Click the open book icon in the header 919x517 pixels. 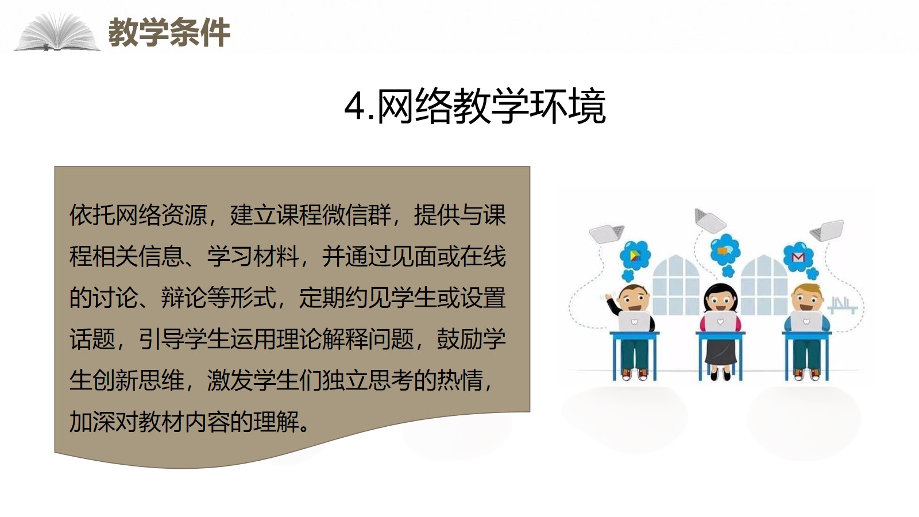(x=57, y=32)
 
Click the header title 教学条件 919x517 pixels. (x=169, y=32)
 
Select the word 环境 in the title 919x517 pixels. (x=567, y=106)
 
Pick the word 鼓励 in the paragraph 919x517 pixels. (x=459, y=339)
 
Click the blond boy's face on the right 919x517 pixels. (x=806, y=299)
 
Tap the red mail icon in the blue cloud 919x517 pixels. (x=798, y=257)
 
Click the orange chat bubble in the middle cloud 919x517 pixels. (x=723, y=250)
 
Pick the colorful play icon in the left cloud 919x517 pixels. (x=635, y=256)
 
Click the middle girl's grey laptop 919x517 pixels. (x=720, y=322)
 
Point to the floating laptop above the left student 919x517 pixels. (x=607, y=233)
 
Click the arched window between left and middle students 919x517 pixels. (x=675, y=285)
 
